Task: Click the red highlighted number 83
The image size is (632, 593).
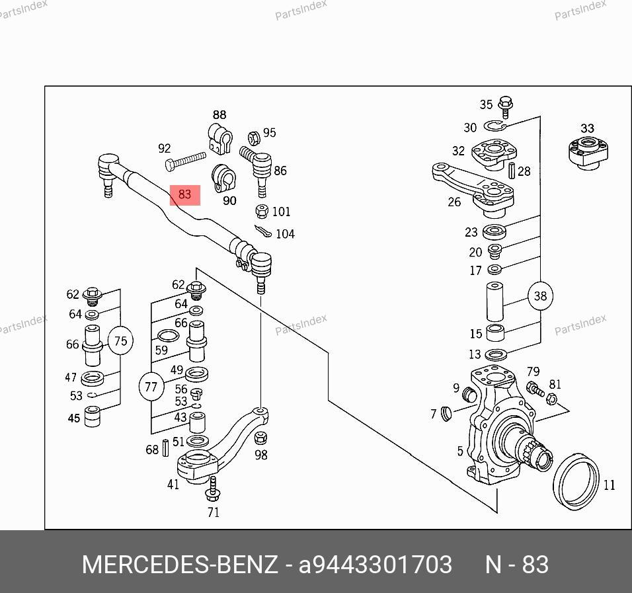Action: pyautogui.click(x=184, y=194)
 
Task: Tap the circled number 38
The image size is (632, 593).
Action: pyautogui.click(x=540, y=296)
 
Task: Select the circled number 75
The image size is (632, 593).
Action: pyautogui.click(x=120, y=341)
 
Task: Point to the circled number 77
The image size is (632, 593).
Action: pyautogui.click(x=151, y=387)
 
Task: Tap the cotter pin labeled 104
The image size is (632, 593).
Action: pyautogui.click(x=262, y=232)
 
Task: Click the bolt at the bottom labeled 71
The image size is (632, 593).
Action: pyautogui.click(x=212, y=490)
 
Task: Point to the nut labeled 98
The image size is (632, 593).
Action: pyautogui.click(x=261, y=438)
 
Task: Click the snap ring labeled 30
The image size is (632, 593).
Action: pyautogui.click(x=494, y=127)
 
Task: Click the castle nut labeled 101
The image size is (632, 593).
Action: pyautogui.click(x=261, y=212)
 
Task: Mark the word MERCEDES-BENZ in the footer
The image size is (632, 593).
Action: pyautogui.click(x=179, y=565)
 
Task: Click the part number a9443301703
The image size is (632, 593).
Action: pyautogui.click(x=375, y=565)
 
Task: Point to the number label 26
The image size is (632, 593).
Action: pyautogui.click(x=454, y=202)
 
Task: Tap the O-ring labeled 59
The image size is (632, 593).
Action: pyautogui.click(x=169, y=336)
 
